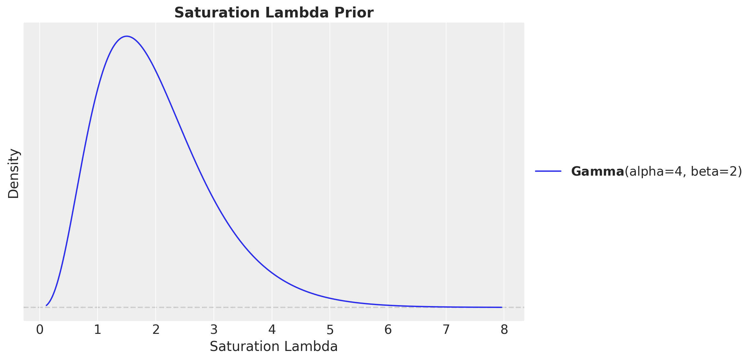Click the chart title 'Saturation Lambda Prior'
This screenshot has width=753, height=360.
click(274, 13)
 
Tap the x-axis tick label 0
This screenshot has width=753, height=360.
click(40, 330)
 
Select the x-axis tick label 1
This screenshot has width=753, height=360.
click(98, 330)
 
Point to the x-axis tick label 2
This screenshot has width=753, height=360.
click(156, 330)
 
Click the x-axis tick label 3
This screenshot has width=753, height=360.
click(214, 330)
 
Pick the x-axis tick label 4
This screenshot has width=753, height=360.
click(272, 330)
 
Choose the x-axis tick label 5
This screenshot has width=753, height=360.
click(330, 330)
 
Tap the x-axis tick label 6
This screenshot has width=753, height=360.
click(388, 330)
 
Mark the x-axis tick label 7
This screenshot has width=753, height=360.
click(446, 330)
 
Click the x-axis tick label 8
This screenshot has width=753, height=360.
click(504, 330)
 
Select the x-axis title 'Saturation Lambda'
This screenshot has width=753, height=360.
click(274, 347)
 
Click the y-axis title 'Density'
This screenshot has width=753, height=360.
click(14, 173)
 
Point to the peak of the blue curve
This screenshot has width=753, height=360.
click(127, 36)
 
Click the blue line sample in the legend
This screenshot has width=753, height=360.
click(548, 171)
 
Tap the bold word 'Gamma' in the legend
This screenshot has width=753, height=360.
click(597, 171)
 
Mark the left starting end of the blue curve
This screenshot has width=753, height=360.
click(47, 305)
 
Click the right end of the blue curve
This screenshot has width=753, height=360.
click(502, 307)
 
